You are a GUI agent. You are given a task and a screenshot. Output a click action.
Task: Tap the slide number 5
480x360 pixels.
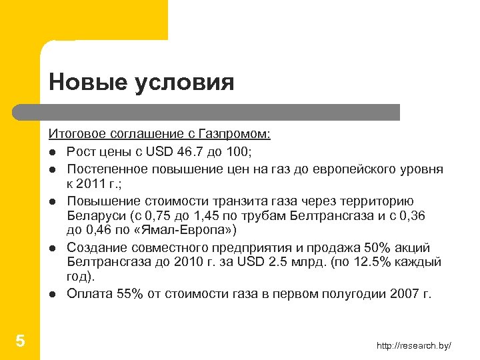(20, 342)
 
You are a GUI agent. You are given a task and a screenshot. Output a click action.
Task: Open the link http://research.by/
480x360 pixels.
(414, 345)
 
